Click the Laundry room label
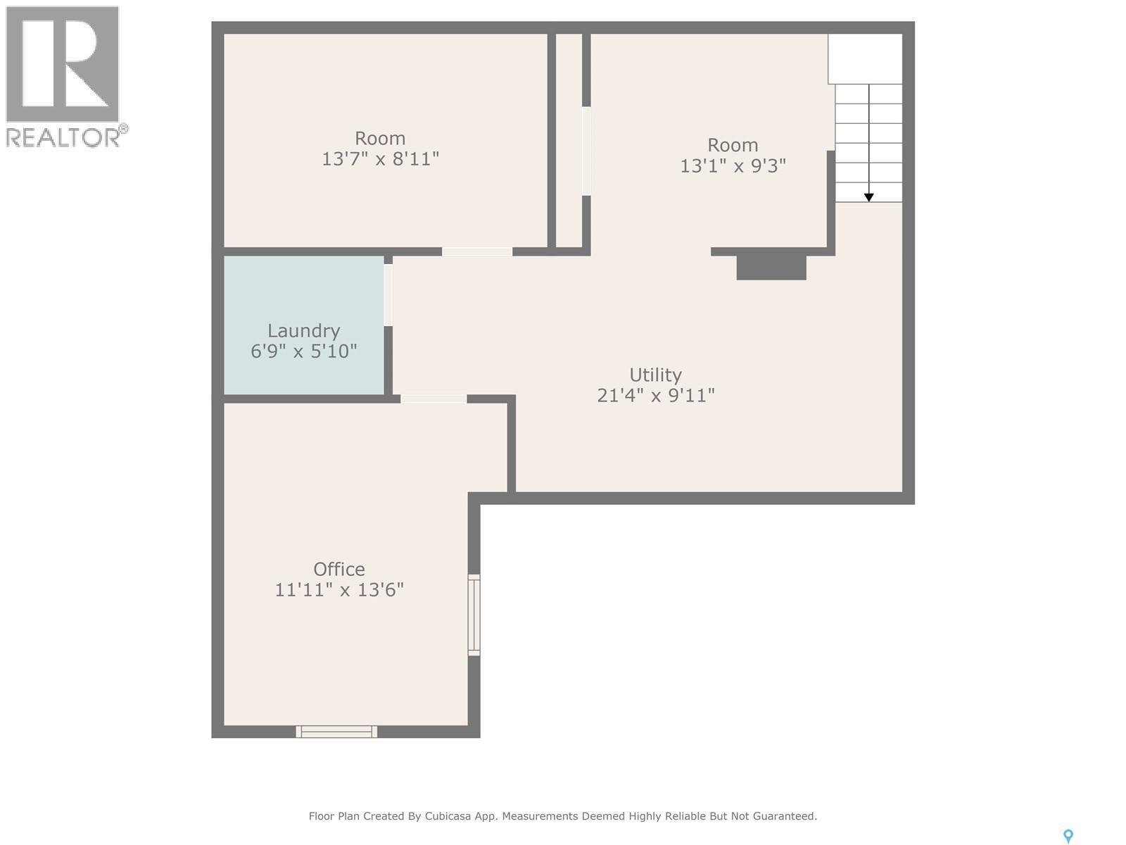(303, 330)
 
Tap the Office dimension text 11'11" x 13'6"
(339, 589)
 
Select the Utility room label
(655, 375)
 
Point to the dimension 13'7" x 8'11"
(380, 158)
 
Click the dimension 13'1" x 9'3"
(733, 165)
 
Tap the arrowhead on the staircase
(869, 198)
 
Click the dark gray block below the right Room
(771, 268)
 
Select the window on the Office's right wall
(474, 615)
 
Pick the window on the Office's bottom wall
(336, 732)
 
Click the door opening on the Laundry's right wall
(388, 295)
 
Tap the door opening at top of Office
(434, 399)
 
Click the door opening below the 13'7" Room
(477, 251)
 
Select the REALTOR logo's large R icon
(62, 64)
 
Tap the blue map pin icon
(1068, 836)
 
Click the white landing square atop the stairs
(865, 58)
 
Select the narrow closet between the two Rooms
(569, 141)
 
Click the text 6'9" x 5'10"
(304, 351)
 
